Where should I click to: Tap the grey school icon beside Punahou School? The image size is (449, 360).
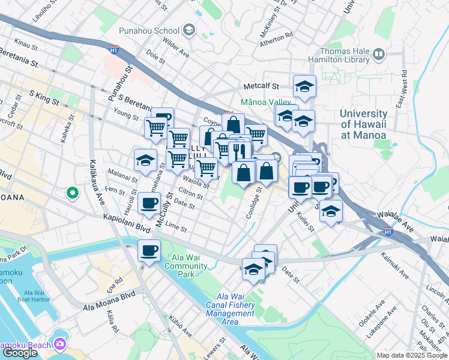pyautogui.click(x=189, y=30)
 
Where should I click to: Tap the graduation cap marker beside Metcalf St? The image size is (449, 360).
pyautogui.click(x=304, y=88)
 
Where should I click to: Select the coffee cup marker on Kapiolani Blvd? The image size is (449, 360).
pyautogui.click(x=149, y=251)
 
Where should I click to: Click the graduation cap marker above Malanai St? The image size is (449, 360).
pyautogui.click(x=145, y=160)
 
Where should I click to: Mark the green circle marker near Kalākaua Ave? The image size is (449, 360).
pyautogui.click(x=72, y=193)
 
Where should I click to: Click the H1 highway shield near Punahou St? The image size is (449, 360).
pyautogui.click(x=113, y=50)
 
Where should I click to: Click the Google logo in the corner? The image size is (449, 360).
pyautogui.click(x=20, y=353)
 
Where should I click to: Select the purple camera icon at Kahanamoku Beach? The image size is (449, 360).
pyautogui.click(x=60, y=343)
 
